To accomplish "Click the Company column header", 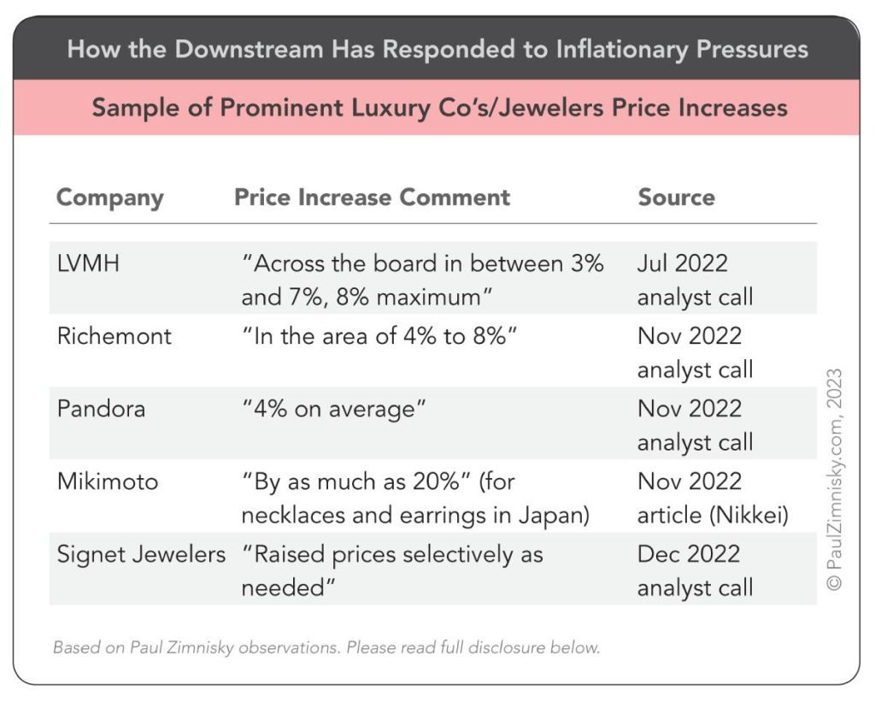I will point(109,198).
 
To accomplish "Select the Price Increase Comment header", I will point(372,197).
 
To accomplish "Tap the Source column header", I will point(676,197).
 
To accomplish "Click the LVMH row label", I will point(88,263).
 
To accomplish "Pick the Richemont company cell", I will point(114,335).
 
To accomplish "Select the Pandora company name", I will point(101,408).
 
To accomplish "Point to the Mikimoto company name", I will point(108,481).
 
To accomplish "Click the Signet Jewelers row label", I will point(141,553).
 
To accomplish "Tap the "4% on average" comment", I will point(334,408).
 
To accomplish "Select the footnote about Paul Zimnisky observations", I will point(326,647).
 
